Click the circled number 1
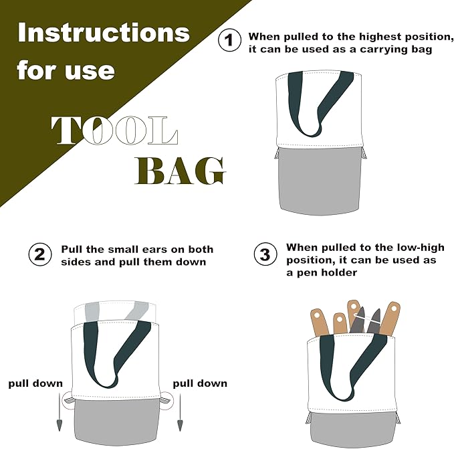[x=229, y=40]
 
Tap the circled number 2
[x=40, y=254]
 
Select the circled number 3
[x=265, y=254]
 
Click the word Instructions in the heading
[x=104, y=32]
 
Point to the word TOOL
[x=114, y=130]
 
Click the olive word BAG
[x=180, y=171]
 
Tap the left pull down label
[x=35, y=383]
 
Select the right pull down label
[x=200, y=383]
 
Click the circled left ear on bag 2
[x=68, y=400]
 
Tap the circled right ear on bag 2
[x=166, y=400]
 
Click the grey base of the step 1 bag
[x=320, y=181]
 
